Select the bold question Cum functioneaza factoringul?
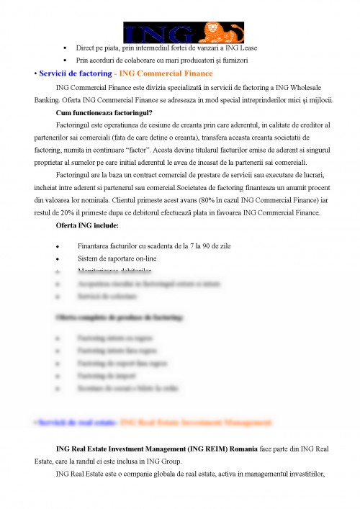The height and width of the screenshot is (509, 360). [x=104, y=112]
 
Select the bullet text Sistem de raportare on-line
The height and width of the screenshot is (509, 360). [x=117, y=258]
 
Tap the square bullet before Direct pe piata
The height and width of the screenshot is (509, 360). [x=66, y=48]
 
